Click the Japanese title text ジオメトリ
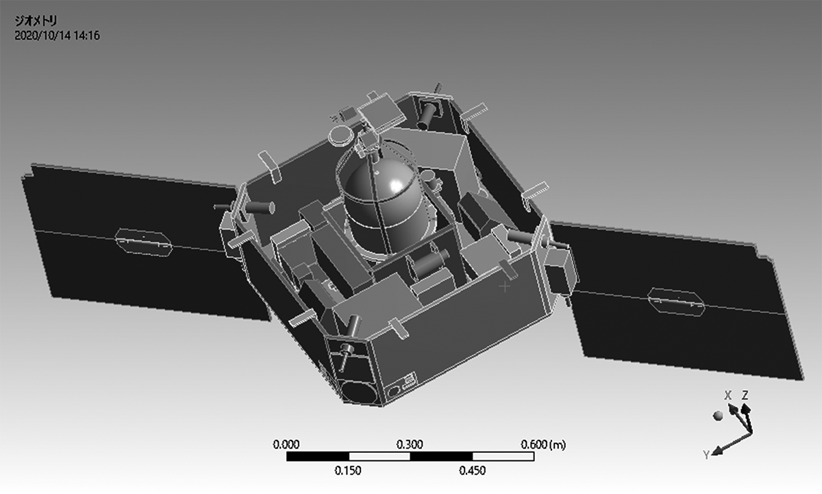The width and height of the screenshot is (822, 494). (x=36, y=21)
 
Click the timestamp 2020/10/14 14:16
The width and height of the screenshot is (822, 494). (x=57, y=36)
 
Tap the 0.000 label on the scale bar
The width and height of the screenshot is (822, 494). (x=286, y=445)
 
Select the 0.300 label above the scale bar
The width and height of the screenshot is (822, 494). (x=410, y=445)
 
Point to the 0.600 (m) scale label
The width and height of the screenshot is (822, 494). (x=543, y=445)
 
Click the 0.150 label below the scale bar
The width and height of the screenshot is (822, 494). (x=348, y=471)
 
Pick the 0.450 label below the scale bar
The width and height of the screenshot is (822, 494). (x=472, y=471)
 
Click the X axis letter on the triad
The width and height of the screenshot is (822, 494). (x=728, y=395)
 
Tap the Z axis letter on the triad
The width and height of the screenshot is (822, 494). (x=745, y=395)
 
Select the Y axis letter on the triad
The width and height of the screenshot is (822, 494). (x=706, y=455)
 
